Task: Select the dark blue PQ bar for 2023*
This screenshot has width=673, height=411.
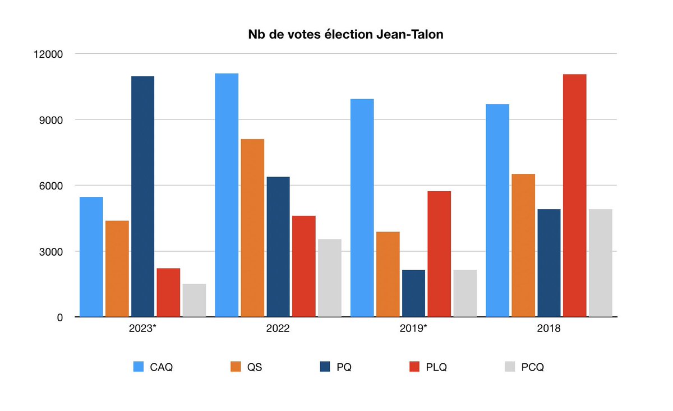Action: point(142,196)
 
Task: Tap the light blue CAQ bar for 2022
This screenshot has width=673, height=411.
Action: point(226,195)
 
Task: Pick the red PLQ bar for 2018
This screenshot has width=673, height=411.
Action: point(574,195)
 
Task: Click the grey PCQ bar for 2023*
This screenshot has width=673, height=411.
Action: point(194,300)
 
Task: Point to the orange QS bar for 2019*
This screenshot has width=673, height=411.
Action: point(388,274)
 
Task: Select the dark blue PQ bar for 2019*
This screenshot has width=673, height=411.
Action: point(413,293)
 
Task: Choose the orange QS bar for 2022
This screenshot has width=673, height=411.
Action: point(252,228)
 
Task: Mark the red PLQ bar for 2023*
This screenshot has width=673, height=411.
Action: point(168,292)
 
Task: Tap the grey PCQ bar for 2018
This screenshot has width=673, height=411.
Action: point(600,263)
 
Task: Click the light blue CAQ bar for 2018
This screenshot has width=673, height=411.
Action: point(497,210)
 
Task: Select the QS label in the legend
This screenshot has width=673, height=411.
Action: point(255,367)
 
